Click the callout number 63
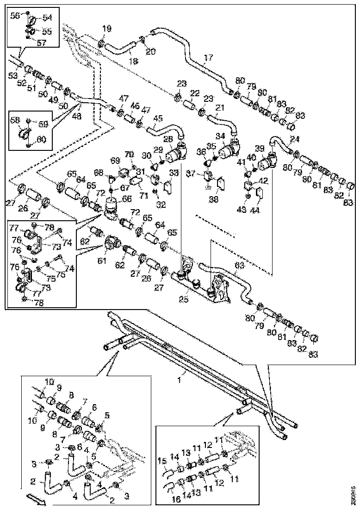(x=239, y=266)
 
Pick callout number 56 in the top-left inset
(x=15, y=15)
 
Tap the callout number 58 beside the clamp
(x=15, y=120)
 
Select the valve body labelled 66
(x=112, y=206)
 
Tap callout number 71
(x=143, y=196)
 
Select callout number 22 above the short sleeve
(x=195, y=93)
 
